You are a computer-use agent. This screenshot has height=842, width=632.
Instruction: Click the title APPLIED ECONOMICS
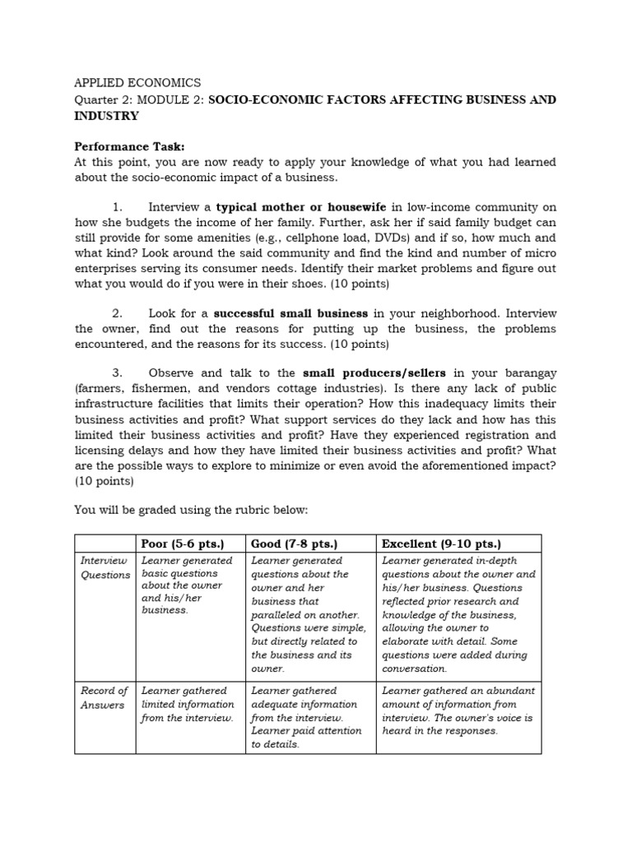(x=137, y=83)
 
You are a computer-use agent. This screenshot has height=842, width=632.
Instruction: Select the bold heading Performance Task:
(x=124, y=146)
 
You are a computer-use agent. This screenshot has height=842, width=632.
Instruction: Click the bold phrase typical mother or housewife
(x=301, y=208)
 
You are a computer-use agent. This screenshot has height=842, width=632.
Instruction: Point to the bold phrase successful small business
(x=290, y=313)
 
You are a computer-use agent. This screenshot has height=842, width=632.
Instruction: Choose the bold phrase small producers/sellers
(x=374, y=372)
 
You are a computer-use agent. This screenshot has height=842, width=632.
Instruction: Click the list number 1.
(x=117, y=208)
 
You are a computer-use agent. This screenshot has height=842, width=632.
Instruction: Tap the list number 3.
(x=117, y=372)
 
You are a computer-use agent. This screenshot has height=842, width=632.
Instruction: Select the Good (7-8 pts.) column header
(x=294, y=544)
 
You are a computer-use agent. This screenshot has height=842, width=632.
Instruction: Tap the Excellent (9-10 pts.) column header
(x=441, y=544)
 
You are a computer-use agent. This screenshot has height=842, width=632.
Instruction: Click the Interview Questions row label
(x=105, y=567)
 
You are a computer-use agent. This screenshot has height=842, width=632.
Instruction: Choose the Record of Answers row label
(x=105, y=698)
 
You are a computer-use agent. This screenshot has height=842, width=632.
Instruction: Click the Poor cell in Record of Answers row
(x=188, y=705)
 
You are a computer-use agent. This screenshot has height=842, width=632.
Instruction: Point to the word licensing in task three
(x=105, y=451)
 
